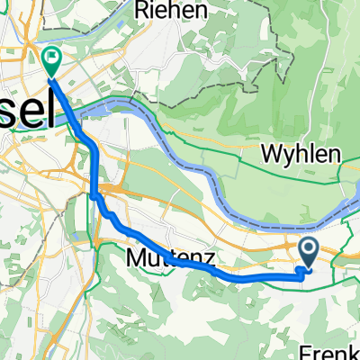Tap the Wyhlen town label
pos(301,154)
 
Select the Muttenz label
pos(158,258)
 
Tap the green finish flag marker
pos(51,62)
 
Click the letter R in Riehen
pos(140,11)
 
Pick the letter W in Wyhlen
pos(271,154)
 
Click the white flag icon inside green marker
pos(51,60)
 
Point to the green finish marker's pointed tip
pos(51,76)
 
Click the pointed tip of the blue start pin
pos(308,267)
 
